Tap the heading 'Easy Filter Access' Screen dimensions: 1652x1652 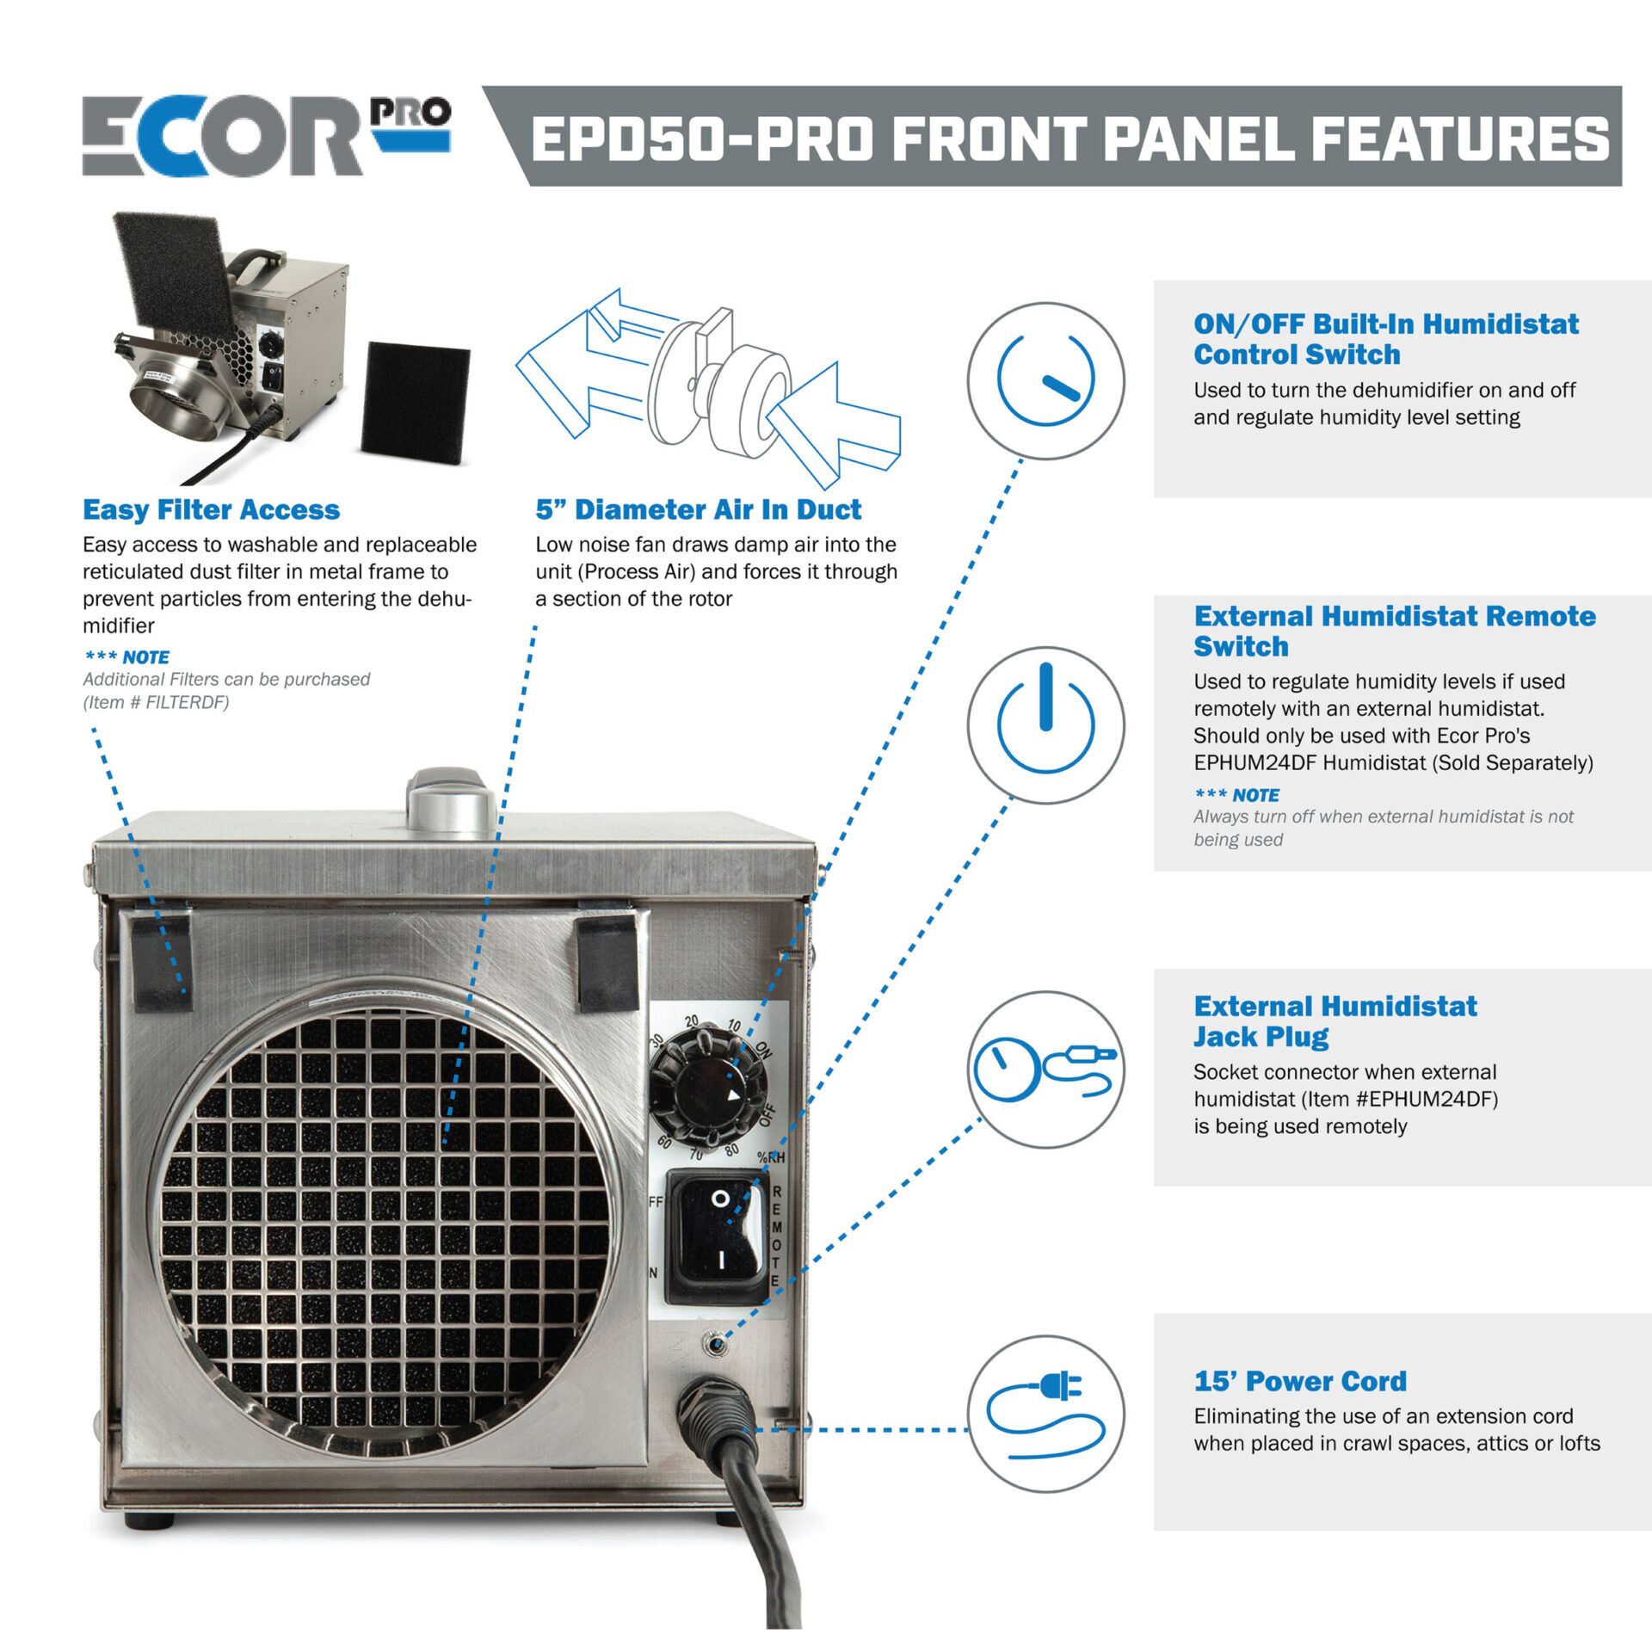pyautogui.click(x=211, y=509)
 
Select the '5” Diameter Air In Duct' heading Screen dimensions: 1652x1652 pyautogui.click(x=698, y=509)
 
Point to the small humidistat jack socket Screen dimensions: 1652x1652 pyautogui.click(x=713, y=1341)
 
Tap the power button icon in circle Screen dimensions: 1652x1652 pyautogui.click(x=1045, y=724)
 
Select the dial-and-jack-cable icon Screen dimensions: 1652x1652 pyautogui.click(x=1045, y=1069)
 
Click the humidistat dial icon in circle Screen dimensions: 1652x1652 pyautogui.click(x=1045, y=380)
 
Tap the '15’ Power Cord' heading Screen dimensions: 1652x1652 pyautogui.click(x=1299, y=1381)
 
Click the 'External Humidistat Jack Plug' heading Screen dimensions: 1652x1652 pyautogui.click(x=1335, y=1021)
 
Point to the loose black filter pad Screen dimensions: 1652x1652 pyautogui.click(x=416, y=401)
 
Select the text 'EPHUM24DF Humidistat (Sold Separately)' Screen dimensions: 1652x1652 pyautogui.click(x=1393, y=763)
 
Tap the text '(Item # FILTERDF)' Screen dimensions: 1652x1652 pyautogui.click(x=156, y=702)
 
